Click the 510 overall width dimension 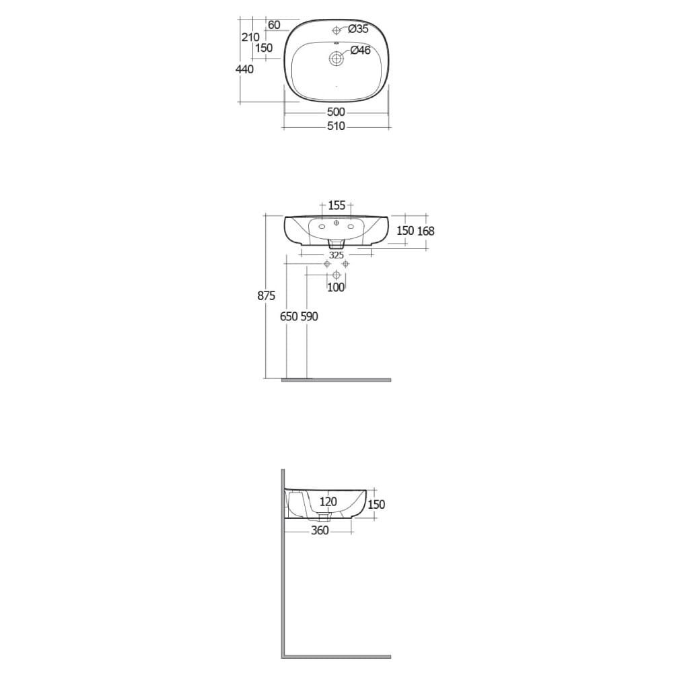336,126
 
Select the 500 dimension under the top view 336,112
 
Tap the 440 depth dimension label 245,69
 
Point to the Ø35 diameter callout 357,29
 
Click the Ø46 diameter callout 360,50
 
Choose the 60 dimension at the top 274,25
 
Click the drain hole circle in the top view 336,59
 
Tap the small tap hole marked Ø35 336,30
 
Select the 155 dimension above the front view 336,205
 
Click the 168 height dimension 426,231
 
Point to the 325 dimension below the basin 336,255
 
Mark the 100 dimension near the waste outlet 336,287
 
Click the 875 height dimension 266,296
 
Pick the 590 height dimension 309,316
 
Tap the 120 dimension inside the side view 328,501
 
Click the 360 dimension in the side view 320,530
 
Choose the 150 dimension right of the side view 377,504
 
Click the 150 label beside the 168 405,231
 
